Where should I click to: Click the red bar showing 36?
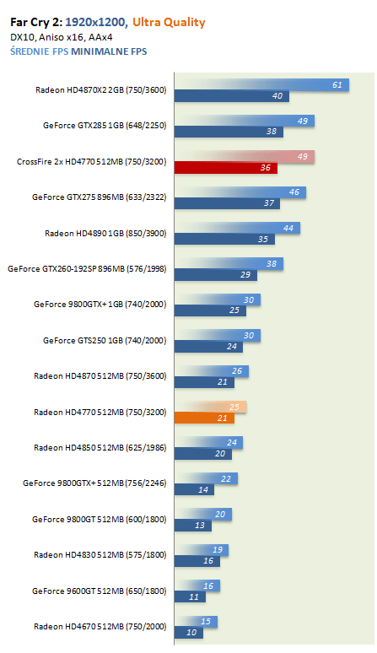tap(225, 168)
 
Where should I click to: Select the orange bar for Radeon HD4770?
tap(204, 418)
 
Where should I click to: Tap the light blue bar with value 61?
tap(261, 85)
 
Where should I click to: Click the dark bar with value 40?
tap(231, 96)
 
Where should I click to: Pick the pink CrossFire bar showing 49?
tap(245, 157)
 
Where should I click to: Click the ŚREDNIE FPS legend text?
tap(39, 51)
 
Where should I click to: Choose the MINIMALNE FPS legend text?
tap(109, 51)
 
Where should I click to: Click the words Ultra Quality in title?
tap(169, 23)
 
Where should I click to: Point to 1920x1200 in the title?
tap(96, 22)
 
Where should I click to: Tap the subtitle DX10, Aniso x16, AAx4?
tap(62, 37)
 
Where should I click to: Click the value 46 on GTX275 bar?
tap(294, 192)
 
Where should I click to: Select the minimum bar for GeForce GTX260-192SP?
tap(216, 275)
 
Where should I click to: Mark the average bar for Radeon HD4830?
tap(202, 550)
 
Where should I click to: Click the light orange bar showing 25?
tap(211, 407)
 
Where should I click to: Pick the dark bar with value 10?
tap(189, 633)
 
